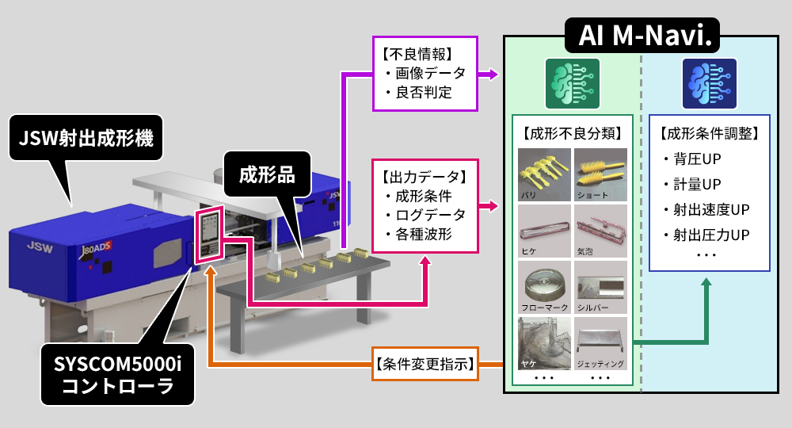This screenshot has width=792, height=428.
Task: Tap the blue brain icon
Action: coord(709,84)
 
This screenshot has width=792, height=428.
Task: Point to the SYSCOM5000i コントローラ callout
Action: coord(118,376)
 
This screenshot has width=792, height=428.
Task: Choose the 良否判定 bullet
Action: coord(424,93)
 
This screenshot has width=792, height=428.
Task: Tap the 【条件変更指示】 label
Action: coord(425,365)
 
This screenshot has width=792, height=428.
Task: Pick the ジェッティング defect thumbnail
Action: coord(600,343)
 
